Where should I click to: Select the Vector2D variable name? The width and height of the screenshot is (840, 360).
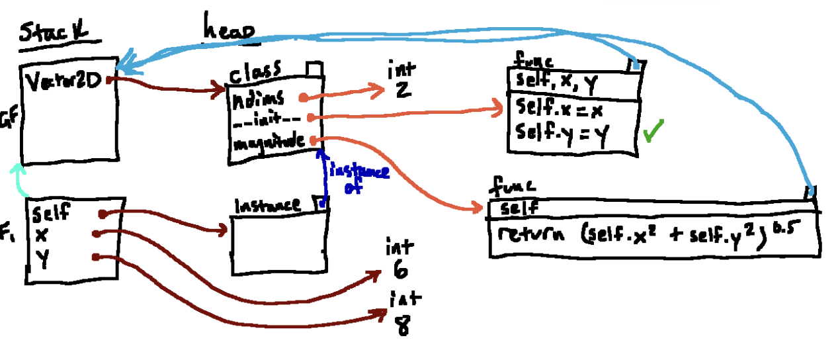(x=63, y=82)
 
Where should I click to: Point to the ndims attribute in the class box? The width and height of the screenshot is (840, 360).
(x=259, y=98)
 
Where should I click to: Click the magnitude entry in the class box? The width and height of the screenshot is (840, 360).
(x=268, y=140)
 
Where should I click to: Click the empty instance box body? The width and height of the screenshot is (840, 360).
(x=277, y=244)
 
